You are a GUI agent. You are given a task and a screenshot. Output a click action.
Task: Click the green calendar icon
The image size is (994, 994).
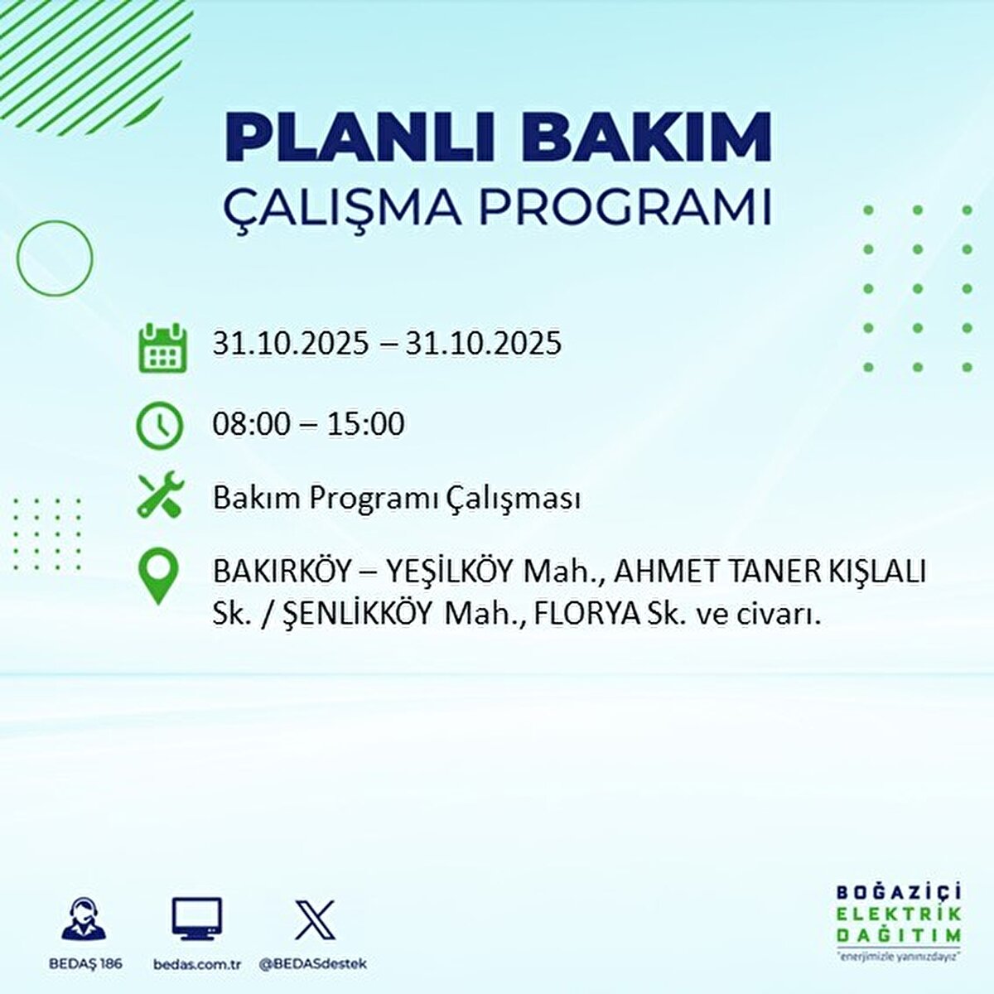(x=159, y=347)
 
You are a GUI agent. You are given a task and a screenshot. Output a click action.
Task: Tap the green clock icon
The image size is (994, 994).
(x=159, y=425)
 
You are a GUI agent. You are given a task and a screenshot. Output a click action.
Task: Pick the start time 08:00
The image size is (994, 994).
(x=252, y=425)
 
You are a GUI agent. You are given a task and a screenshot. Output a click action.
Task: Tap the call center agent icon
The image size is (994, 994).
(x=84, y=919)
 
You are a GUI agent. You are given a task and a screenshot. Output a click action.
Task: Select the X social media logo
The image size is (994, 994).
(x=315, y=919)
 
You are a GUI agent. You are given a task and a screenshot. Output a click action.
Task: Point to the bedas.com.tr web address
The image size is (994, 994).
(x=197, y=964)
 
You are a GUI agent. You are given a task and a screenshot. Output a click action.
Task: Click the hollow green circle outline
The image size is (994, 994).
(x=55, y=258)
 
